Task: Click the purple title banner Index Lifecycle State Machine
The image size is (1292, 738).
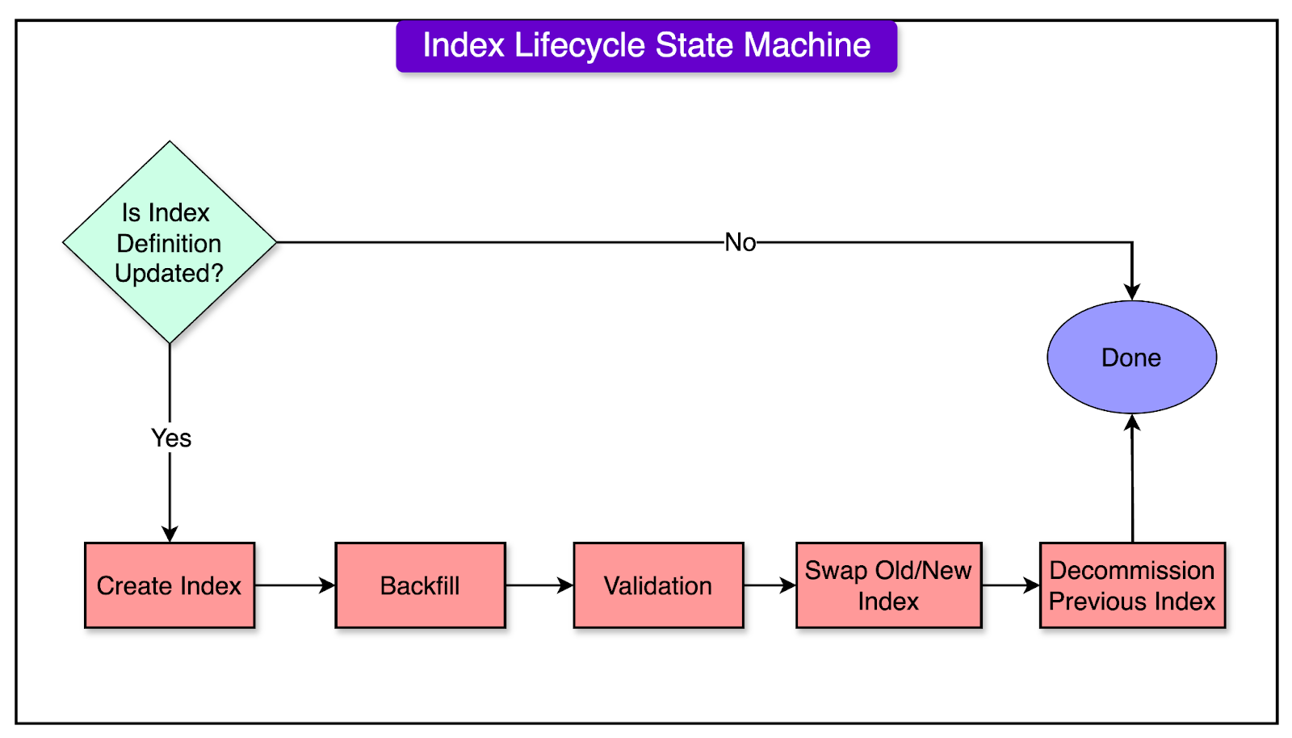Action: [646, 46]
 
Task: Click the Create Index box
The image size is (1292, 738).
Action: [170, 585]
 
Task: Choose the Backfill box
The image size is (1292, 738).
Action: [420, 585]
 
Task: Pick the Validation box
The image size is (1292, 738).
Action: [658, 585]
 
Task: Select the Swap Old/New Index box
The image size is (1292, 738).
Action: [888, 585]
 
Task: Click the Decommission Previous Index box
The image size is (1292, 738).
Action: [1132, 585]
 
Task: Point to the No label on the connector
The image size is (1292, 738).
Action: [740, 242]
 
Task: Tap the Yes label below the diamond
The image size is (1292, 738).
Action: [171, 438]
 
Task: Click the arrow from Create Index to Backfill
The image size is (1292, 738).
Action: [295, 585]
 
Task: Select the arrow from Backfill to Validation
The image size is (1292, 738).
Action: [539, 585]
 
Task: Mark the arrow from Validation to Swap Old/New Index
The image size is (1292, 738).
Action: [770, 585]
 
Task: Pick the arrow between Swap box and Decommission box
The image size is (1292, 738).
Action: [1011, 585]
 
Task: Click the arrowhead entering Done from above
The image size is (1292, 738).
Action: [1132, 291]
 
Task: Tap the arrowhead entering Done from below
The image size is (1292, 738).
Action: [1132, 422]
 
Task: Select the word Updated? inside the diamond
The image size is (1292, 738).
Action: [169, 274]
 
